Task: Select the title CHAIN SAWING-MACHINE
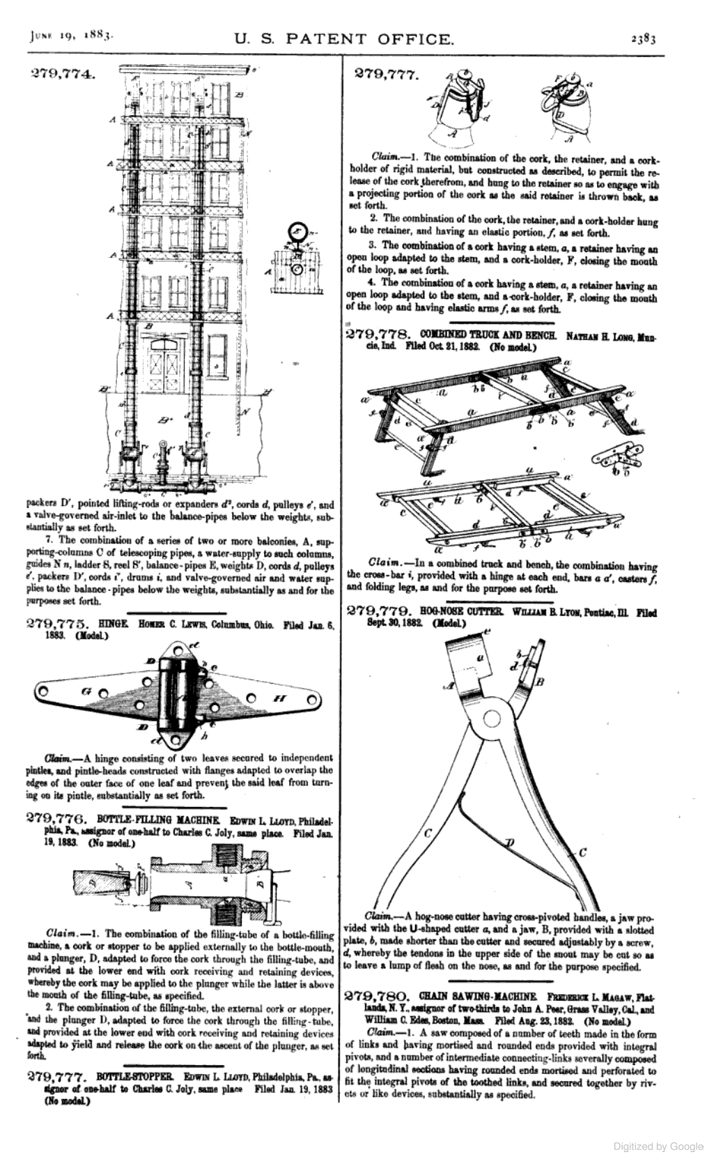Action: coord(476,995)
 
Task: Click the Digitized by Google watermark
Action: coord(658,1146)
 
